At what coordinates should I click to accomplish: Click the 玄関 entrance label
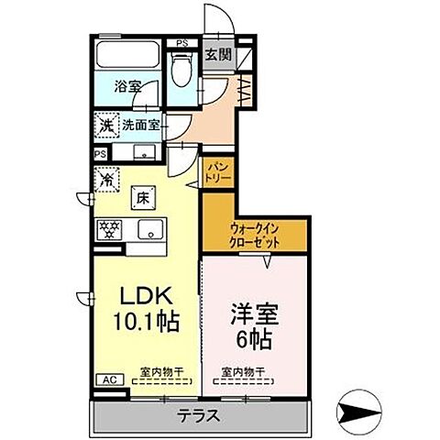point(216,53)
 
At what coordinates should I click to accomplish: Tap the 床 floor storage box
point(144,195)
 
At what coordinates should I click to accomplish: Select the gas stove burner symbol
point(111,228)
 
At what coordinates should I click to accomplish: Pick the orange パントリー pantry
point(218,171)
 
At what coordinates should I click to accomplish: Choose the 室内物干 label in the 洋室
point(241,372)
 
